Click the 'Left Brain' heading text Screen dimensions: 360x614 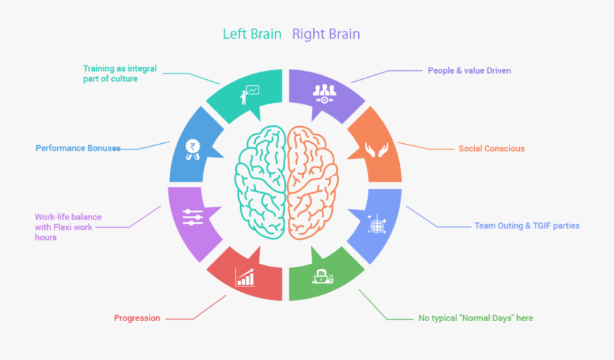(x=252, y=34)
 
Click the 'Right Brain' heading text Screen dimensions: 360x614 (x=326, y=34)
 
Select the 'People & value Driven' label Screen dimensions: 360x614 (x=469, y=70)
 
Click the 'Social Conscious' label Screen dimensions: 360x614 (x=491, y=149)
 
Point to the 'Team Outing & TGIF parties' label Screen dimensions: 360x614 (x=527, y=226)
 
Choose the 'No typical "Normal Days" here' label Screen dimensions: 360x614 (x=476, y=318)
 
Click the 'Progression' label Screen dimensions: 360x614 (x=137, y=318)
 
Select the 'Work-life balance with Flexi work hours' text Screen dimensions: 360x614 (x=68, y=227)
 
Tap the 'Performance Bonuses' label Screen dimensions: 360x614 (x=78, y=148)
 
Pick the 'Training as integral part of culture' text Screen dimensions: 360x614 (x=119, y=74)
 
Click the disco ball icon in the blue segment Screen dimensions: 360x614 (x=376, y=225)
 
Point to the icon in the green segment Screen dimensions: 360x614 (x=321, y=275)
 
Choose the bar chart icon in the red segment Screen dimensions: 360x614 (x=245, y=277)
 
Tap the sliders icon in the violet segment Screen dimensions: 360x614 (x=193, y=217)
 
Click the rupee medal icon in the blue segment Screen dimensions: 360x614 (x=193, y=149)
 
